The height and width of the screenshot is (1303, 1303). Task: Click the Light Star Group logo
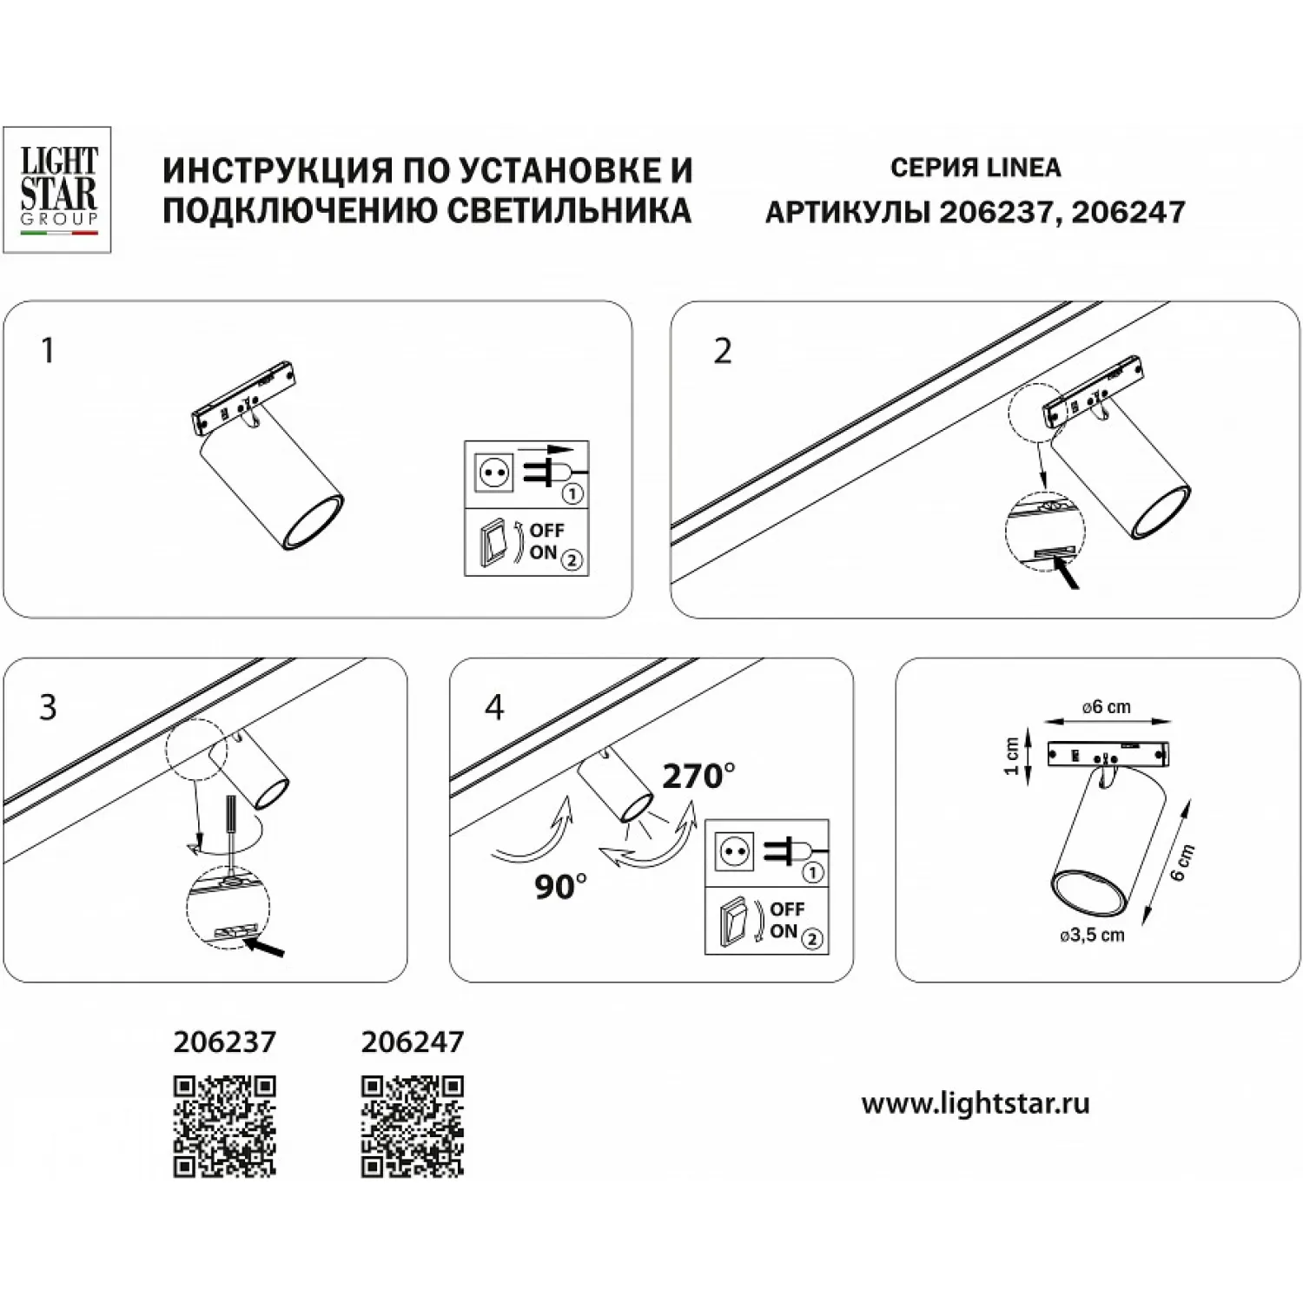coord(57,190)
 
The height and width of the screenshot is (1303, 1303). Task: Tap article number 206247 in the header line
coord(1128,212)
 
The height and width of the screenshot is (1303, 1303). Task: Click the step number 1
coord(48,351)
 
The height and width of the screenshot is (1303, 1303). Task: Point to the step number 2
coord(723,351)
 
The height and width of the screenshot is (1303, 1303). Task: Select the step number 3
coord(48,707)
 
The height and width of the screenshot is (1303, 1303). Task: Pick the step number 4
coord(494,707)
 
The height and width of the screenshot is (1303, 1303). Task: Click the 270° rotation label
coord(699,776)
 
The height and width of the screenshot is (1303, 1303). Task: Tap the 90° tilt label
coord(560,887)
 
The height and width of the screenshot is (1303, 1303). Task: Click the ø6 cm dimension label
coord(1107,707)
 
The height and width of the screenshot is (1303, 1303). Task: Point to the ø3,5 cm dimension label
coord(1092,936)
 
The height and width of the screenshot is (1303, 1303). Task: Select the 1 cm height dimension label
coord(1011,757)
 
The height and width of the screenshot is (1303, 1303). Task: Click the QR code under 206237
coord(225,1127)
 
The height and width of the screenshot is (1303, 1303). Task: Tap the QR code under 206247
coord(413,1127)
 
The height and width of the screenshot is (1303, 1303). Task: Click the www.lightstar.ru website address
coord(976,1104)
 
